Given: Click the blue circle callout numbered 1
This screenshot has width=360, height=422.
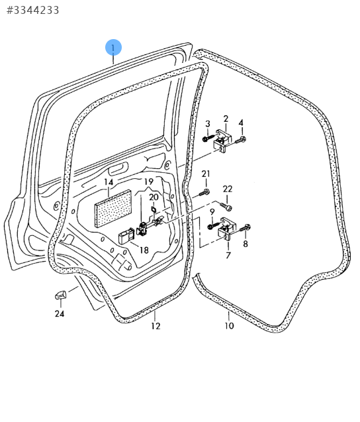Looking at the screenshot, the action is (x=113, y=48).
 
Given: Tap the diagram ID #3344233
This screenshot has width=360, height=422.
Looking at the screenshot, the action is (x=32, y=10).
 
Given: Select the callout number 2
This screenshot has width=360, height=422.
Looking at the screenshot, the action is (x=226, y=119).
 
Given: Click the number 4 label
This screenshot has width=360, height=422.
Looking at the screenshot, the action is (x=241, y=123).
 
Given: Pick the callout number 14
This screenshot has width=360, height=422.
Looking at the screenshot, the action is (x=109, y=182).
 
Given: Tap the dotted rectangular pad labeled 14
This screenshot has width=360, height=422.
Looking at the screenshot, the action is (x=113, y=209).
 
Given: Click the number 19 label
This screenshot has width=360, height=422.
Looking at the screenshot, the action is (x=149, y=182).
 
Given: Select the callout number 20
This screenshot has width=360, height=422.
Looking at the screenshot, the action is (x=154, y=197).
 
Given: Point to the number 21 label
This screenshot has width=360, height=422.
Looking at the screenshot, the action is (x=206, y=174).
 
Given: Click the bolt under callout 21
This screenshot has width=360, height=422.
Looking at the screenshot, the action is (x=204, y=193).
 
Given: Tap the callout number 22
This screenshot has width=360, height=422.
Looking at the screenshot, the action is (x=228, y=189).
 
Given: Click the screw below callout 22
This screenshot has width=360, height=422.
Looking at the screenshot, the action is (x=226, y=207).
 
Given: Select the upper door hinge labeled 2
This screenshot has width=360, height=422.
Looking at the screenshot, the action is (x=222, y=141).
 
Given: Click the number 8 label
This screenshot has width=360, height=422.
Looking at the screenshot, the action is (x=246, y=244).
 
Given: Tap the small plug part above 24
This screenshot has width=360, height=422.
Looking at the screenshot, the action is (x=61, y=295).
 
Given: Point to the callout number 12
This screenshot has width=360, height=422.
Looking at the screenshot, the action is (x=156, y=326).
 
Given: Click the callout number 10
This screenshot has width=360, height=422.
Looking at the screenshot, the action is (x=229, y=326).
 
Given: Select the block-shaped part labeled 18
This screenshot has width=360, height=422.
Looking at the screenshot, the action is (x=126, y=236).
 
